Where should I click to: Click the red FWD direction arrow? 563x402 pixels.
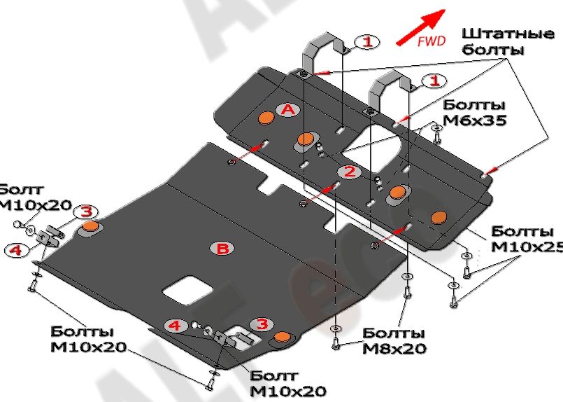click(x=420, y=27)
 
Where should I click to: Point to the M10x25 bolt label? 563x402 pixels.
click(x=522, y=239)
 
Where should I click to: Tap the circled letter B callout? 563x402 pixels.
click(x=222, y=248)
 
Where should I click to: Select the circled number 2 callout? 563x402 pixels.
click(x=350, y=171)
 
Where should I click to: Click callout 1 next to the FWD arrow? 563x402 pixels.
click(x=367, y=42)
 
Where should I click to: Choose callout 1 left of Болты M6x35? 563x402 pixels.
click(x=435, y=81)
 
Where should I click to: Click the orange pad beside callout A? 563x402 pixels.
click(x=266, y=117)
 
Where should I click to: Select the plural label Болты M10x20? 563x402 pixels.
click(x=87, y=339)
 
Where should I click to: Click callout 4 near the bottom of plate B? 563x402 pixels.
click(x=175, y=325)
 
